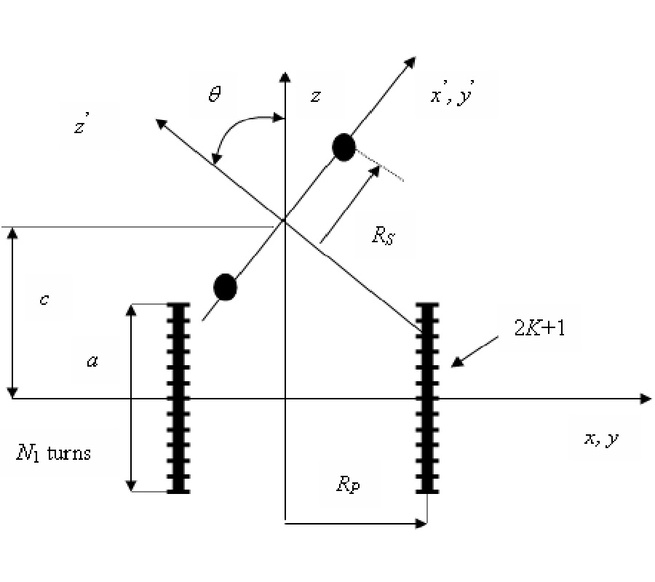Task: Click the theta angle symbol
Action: (x=215, y=95)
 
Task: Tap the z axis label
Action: (x=315, y=96)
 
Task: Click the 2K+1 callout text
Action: (x=539, y=328)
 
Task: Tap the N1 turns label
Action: (x=54, y=453)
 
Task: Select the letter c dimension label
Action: (x=44, y=298)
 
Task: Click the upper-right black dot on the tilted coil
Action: (x=343, y=148)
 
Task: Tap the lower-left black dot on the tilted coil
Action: (x=226, y=287)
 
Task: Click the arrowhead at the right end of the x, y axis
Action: (x=645, y=399)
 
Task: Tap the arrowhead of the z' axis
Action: (x=159, y=123)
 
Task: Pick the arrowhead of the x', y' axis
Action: (x=411, y=60)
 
